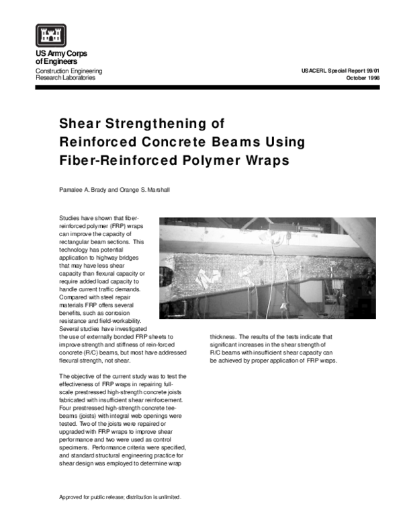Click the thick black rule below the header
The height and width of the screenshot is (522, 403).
[201, 87]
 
